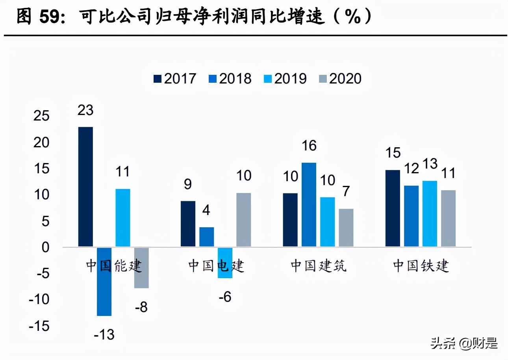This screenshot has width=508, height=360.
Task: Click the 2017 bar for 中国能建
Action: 85,187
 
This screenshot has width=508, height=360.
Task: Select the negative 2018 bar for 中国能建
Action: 104,281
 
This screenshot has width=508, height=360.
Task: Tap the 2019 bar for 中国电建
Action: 225,262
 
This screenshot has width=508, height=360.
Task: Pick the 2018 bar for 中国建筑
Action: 309,205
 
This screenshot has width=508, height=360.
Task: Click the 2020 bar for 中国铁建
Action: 448,219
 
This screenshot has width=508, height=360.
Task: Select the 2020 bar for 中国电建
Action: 243,220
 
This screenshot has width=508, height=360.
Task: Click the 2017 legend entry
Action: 174,78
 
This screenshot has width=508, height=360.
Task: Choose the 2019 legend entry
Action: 285,78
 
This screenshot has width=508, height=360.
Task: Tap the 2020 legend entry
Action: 340,78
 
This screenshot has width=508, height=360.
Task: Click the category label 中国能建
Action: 113,266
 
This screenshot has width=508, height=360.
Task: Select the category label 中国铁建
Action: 421,266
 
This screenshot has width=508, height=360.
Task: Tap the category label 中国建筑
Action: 319,266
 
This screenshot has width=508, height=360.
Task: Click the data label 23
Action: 85,110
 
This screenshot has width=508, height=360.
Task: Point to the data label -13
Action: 104,334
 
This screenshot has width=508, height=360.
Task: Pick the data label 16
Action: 309,146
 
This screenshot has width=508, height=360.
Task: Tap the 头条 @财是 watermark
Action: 464,343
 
